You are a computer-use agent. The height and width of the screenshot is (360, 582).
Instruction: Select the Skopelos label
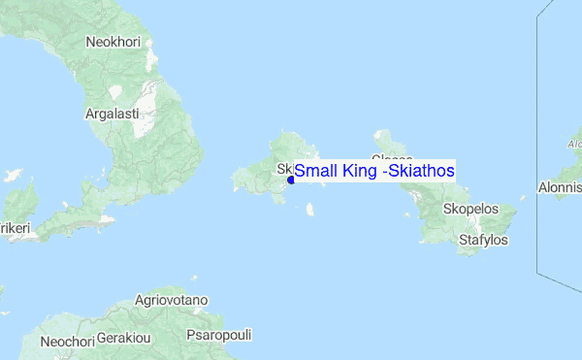tap(469, 209)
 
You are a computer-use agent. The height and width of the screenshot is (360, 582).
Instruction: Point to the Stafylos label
tap(483, 239)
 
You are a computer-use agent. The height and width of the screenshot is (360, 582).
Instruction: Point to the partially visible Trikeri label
tap(14, 227)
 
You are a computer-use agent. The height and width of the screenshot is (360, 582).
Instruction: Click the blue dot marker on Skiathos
tap(291, 180)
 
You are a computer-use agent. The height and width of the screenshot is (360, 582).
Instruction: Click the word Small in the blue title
tap(314, 171)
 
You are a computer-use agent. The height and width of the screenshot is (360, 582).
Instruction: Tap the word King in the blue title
tap(358, 171)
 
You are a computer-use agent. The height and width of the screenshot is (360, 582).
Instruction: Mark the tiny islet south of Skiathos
tap(309, 208)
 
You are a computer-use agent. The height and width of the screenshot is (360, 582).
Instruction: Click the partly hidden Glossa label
tap(392, 158)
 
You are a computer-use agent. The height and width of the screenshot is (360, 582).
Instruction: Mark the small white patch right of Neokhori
tap(116, 92)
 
